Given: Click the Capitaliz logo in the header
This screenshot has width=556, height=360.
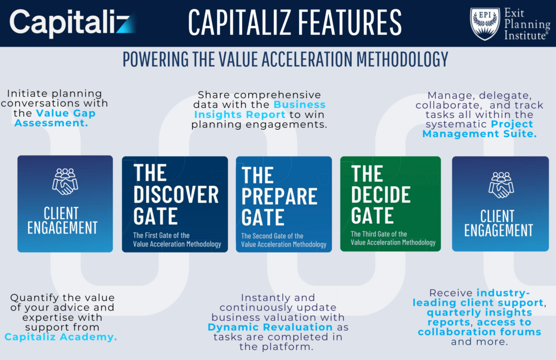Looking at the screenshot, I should (x=70, y=22).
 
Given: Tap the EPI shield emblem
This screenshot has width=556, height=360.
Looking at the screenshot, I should (x=484, y=23).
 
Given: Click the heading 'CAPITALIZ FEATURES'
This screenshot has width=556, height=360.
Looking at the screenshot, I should (x=294, y=22).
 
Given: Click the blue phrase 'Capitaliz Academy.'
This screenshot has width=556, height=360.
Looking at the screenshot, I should (x=61, y=337).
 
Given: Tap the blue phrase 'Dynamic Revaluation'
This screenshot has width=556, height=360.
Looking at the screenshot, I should (x=270, y=327).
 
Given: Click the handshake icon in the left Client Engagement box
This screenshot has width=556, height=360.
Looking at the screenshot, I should (x=65, y=181).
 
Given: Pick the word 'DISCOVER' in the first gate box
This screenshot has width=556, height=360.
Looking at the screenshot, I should (x=176, y=194).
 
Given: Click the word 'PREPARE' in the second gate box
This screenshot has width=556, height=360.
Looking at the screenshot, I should (x=279, y=197).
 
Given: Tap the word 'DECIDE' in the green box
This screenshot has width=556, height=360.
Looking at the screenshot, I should (x=381, y=194).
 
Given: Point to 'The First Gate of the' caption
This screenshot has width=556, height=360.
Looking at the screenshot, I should (x=161, y=235).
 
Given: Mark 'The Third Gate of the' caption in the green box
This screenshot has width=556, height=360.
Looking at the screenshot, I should (x=378, y=234).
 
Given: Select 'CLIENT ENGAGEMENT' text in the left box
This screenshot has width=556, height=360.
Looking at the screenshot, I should (x=62, y=220).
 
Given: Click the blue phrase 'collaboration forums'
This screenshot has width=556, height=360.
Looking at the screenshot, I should (x=479, y=332).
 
